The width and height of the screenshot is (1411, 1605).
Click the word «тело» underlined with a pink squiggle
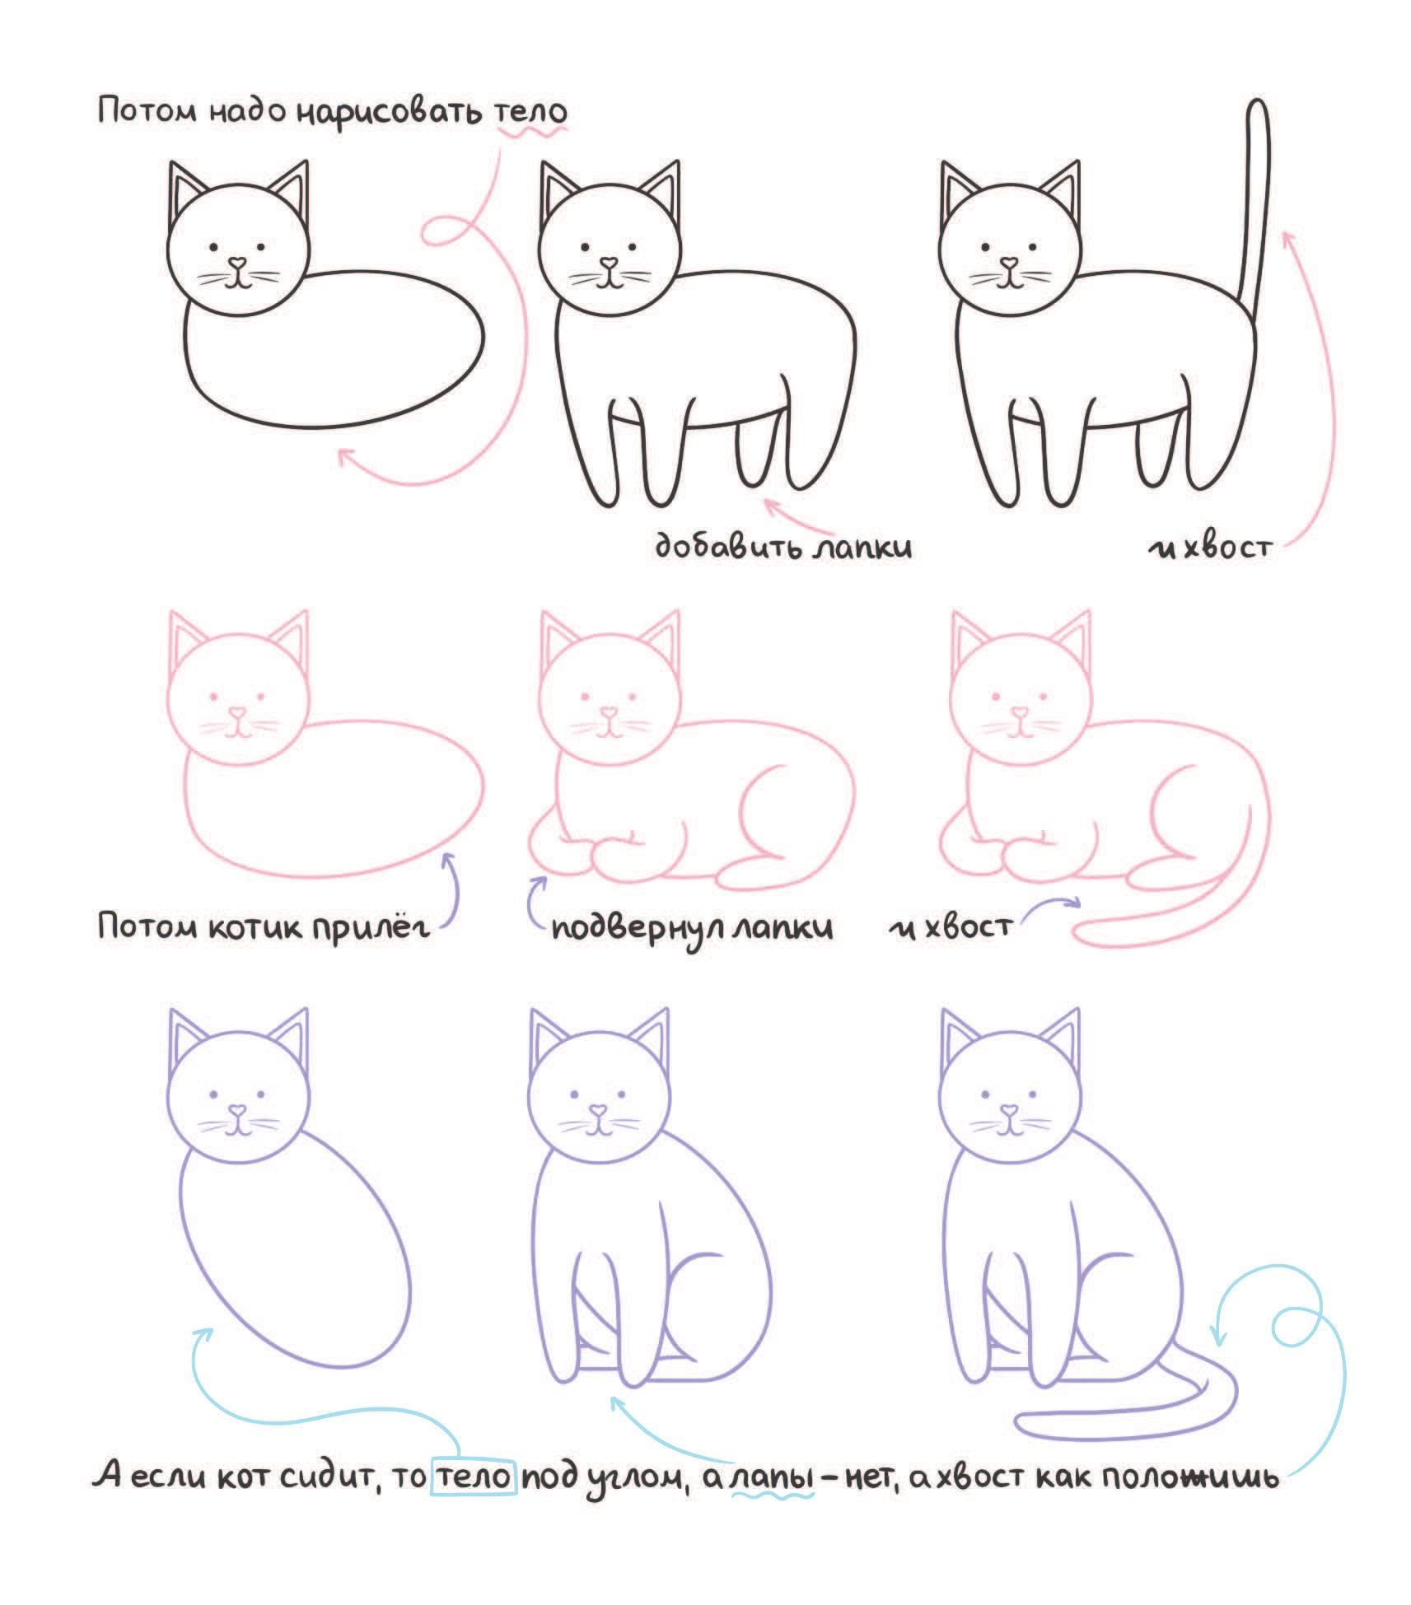coord(531,112)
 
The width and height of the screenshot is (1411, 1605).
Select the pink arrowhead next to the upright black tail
coord(1287,239)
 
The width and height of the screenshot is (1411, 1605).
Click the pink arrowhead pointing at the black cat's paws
coord(771,502)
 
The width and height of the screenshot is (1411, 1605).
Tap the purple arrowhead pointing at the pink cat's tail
coord(1072,903)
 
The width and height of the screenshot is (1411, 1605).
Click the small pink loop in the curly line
coord(449,231)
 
